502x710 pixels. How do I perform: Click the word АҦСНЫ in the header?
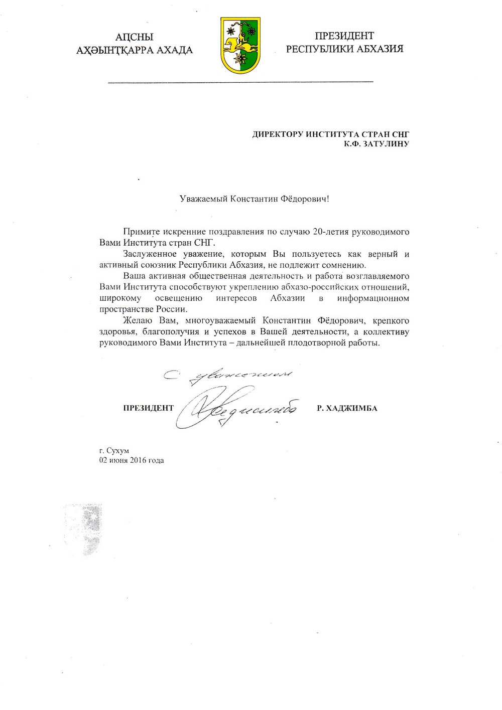[134, 37]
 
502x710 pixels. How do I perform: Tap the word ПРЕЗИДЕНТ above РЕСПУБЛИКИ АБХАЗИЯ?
[344, 36]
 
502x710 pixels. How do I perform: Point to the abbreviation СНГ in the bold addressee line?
[399, 134]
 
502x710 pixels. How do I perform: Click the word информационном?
[373, 298]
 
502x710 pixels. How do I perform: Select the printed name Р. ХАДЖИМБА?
[347, 408]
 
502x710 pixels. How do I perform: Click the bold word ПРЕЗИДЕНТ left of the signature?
[148, 408]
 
